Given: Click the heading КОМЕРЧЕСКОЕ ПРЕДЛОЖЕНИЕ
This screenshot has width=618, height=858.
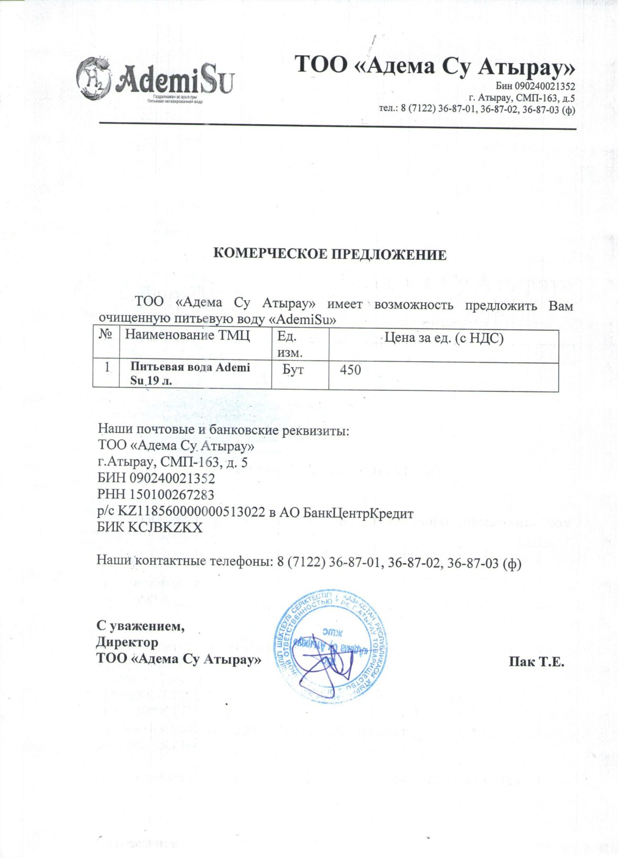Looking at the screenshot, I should (330, 254).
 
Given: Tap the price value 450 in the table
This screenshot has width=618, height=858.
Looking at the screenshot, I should (350, 370).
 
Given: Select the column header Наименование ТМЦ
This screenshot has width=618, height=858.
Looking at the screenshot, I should (187, 335).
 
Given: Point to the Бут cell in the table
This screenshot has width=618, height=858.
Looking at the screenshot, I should (293, 369).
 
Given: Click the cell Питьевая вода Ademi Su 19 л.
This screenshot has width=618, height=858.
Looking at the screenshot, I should (190, 374).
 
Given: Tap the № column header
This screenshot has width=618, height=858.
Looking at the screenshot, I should (106, 334).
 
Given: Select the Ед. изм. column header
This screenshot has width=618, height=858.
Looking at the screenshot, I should (290, 344).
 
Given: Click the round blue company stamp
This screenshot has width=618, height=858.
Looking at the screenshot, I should (330, 646).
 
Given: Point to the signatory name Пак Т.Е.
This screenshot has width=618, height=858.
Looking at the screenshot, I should (536, 662).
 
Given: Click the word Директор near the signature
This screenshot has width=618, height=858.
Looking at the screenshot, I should (127, 642).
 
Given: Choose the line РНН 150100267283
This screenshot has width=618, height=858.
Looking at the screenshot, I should (156, 495).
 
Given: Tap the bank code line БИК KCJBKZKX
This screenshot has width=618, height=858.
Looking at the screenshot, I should (150, 527).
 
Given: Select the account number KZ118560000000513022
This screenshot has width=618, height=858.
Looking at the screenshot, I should (191, 511).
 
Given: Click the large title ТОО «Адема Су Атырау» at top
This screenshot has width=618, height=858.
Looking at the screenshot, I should (435, 65).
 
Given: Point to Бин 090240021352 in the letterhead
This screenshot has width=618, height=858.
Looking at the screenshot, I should (535, 86).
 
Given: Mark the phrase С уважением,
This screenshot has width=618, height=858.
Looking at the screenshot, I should (141, 625).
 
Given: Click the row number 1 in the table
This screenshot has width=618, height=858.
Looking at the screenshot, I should (107, 367).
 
